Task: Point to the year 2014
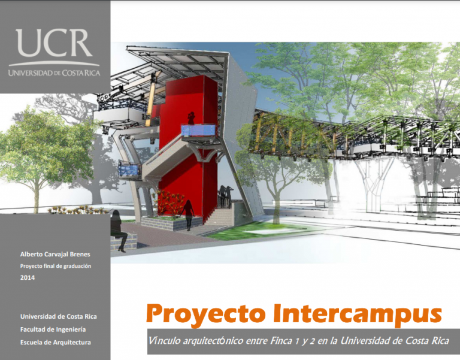click(x=28, y=277)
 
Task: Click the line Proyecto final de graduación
click(x=56, y=266)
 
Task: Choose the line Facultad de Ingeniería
click(x=53, y=329)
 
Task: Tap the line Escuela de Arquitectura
click(x=56, y=342)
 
